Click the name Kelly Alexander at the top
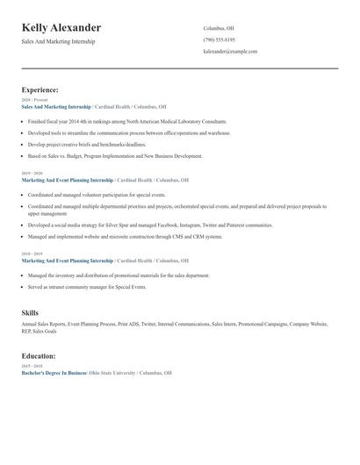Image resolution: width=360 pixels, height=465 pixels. point(61,28)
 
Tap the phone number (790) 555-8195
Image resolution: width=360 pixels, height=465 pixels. point(219,39)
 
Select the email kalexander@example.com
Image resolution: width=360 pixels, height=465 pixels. point(230,52)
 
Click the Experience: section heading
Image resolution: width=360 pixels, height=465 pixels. point(40,89)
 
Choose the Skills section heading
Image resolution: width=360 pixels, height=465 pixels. point(30,312)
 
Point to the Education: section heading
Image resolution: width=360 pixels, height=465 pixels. point(39,356)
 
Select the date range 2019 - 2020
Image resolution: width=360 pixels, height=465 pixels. point(32,174)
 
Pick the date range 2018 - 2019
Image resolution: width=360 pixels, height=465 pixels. point(32,254)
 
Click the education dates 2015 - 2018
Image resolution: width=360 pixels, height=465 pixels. point(32,367)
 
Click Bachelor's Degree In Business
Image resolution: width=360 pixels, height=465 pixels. point(54,373)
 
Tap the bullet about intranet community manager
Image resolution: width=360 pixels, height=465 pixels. point(84,287)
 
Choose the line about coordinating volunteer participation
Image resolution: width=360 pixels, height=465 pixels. point(97,195)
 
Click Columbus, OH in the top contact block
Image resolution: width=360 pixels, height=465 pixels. point(219,28)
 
